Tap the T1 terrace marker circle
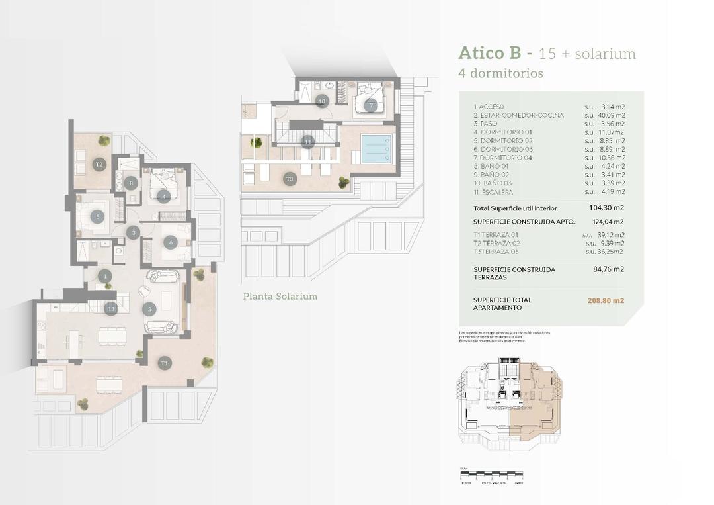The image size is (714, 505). pyautogui.click(x=165, y=362)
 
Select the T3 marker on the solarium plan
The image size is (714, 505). pyautogui.click(x=290, y=179)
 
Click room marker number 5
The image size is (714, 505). pyautogui.click(x=98, y=216)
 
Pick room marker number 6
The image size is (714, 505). pyautogui.click(x=170, y=242)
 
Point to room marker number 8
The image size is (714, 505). pyautogui.click(x=132, y=183)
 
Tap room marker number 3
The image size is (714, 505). pyautogui.click(x=134, y=232)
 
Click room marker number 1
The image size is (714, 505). pyautogui.click(x=104, y=275)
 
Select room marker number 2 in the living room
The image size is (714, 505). pyautogui.click(x=150, y=308)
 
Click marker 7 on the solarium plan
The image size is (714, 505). pyautogui.click(x=371, y=105)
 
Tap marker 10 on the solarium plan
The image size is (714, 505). pyautogui.click(x=321, y=101)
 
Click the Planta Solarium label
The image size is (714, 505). pyautogui.click(x=280, y=297)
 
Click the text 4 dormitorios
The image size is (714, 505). pyautogui.click(x=500, y=73)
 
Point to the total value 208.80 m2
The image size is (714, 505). pyautogui.click(x=606, y=300)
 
